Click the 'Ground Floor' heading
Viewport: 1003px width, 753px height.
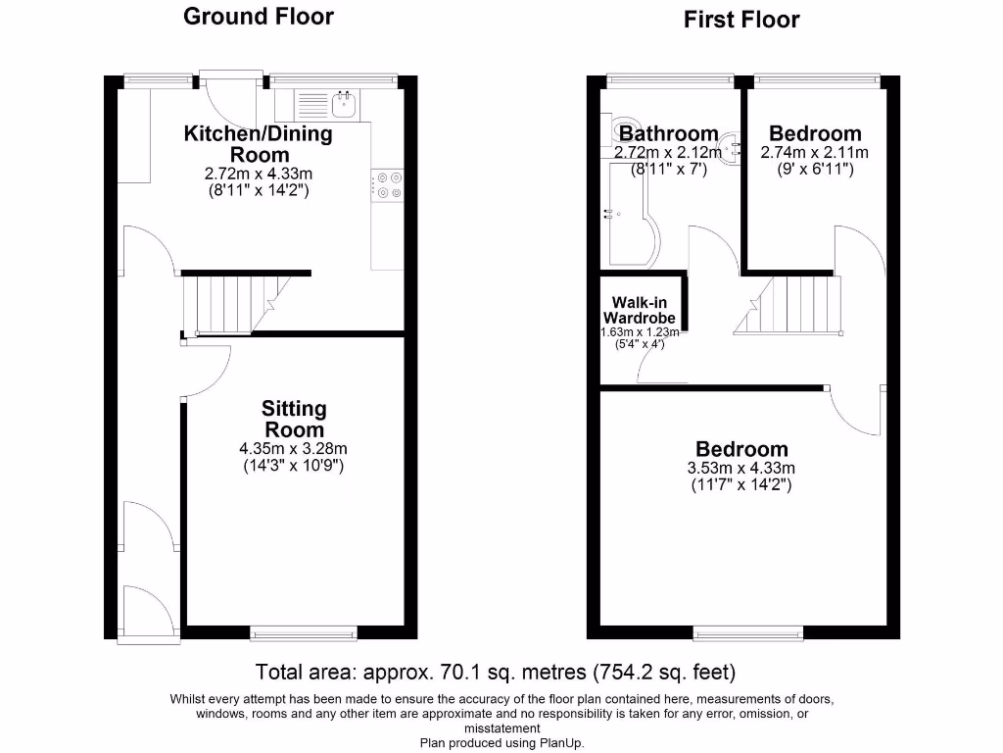(259, 16)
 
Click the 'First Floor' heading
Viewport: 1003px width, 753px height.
(741, 19)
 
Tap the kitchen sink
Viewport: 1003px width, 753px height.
(329, 102)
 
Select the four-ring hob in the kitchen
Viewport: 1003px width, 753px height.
(388, 185)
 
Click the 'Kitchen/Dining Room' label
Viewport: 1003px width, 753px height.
(259, 143)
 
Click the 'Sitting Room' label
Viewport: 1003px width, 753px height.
(294, 419)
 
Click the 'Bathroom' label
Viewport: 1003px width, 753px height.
(668, 133)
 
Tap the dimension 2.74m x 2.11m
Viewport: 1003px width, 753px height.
(814, 153)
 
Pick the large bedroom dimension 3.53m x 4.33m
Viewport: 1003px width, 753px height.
(740, 469)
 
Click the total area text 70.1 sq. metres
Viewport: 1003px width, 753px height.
(495, 673)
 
